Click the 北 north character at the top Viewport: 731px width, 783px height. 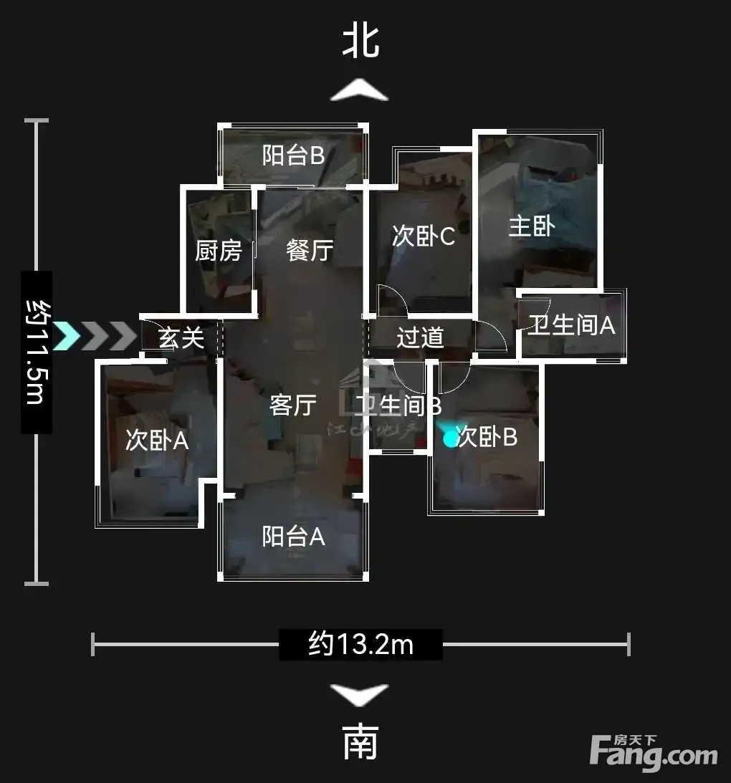(x=360, y=40)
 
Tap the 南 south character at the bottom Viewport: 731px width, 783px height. (x=360, y=742)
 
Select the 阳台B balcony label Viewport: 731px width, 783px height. (x=293, y=155)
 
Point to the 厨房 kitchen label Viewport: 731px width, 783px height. (x=219, y=251)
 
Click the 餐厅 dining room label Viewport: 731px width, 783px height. (x=310, y=250)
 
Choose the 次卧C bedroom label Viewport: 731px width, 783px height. (x=424, y=236)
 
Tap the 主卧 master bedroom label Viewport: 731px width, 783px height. (x=532, y=226)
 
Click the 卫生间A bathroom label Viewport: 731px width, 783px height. (x=572, y=325)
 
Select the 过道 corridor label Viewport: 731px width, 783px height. (x=420, y=337)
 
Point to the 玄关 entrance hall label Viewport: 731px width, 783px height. (x=181, y=338)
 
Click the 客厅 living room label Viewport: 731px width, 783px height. (x=293, y=405)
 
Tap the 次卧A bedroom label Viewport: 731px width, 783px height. (x=157, y=441)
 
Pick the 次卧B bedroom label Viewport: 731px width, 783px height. (x=487, y=436)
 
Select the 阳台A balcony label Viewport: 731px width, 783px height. (x=294, y=537)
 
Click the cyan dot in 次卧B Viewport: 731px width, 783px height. (x=451, y=439)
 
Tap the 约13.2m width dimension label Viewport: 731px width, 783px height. (x=360, y=644)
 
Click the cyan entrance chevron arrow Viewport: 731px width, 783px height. (x=67, y=335)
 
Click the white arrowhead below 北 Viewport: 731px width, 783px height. (x=359, y=90)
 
